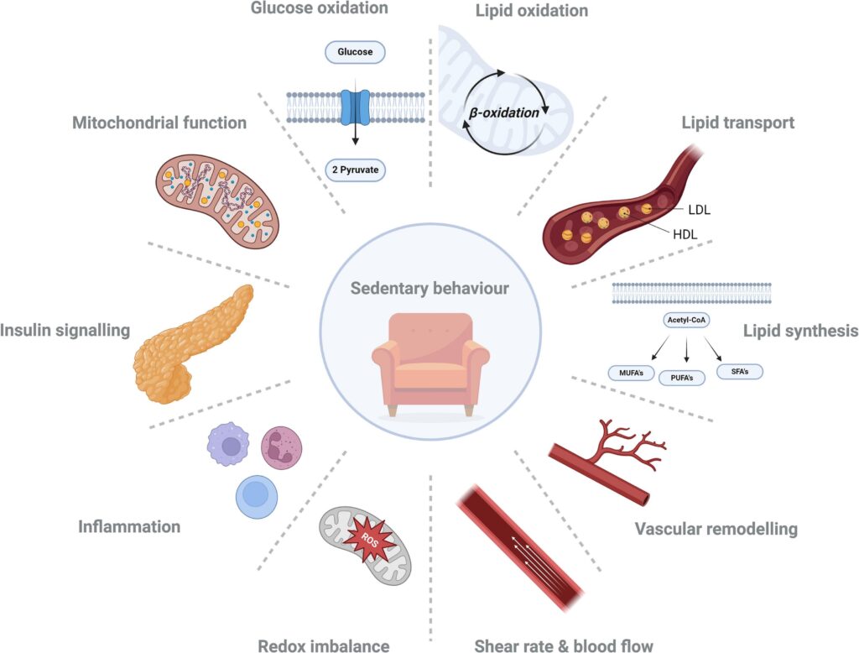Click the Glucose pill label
(354, 51)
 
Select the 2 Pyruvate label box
(354, 170)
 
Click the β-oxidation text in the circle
(504, 112)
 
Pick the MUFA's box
(631, 371)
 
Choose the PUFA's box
(681, 377)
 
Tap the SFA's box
(740, 370)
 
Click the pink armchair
(430, 363)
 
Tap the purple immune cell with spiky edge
(228, 444)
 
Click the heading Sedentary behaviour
(430, 289)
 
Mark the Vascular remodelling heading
(716, 529)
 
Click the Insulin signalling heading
(65, 330)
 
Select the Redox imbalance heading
(324, 645)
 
